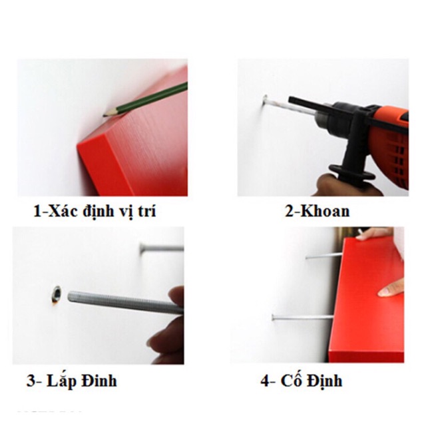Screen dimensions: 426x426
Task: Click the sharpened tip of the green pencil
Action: [104, 116]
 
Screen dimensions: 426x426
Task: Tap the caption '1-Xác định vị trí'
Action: [95, 211]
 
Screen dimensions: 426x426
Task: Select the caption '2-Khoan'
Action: [317, 211]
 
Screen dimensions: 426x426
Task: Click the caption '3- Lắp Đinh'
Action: [72, 380]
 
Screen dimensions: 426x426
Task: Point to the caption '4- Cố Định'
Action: [302, 380]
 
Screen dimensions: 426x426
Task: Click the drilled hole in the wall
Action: [57, 294]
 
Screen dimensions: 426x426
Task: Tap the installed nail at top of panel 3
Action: [162, 248]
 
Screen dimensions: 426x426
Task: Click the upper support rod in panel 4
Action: [324, 256]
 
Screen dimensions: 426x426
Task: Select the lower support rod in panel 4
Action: [302, 317]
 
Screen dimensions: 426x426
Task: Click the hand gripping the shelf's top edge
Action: [376, 234]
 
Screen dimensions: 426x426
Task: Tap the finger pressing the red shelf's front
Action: [391, 288]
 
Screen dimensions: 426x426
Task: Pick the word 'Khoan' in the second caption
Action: [325, 211]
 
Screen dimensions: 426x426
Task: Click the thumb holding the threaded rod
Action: [176, 298]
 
